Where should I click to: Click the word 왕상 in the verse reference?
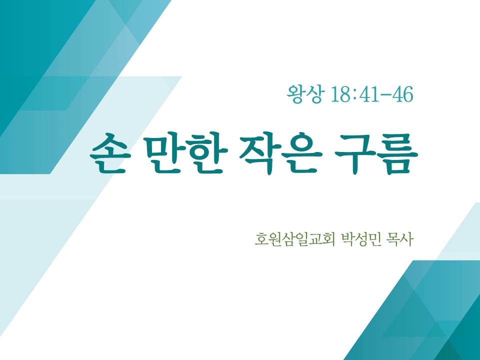pyautogui.click(x=304, y=95)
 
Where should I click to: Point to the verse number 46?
pyautogui.click(x=403, y=94)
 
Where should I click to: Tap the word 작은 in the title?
pyautogui.click(x=280, y=153)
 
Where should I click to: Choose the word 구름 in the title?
pyautogui.click(x=376, y=153)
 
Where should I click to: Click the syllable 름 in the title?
pyautogui.click(x=398, y=153)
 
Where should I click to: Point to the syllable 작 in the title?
pyautogui.click(x=259, y=153)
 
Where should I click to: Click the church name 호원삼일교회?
pyautogui.click(x=293, y=239)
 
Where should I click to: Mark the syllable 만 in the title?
pyautogui.click(x=164, y=153)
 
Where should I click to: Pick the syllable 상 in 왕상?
pyautogui.click(x=314, y=95)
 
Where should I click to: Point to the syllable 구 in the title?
pyautogui.click(x=355, y=153)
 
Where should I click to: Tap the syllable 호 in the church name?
pyautogui.click(x=262, y=239)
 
